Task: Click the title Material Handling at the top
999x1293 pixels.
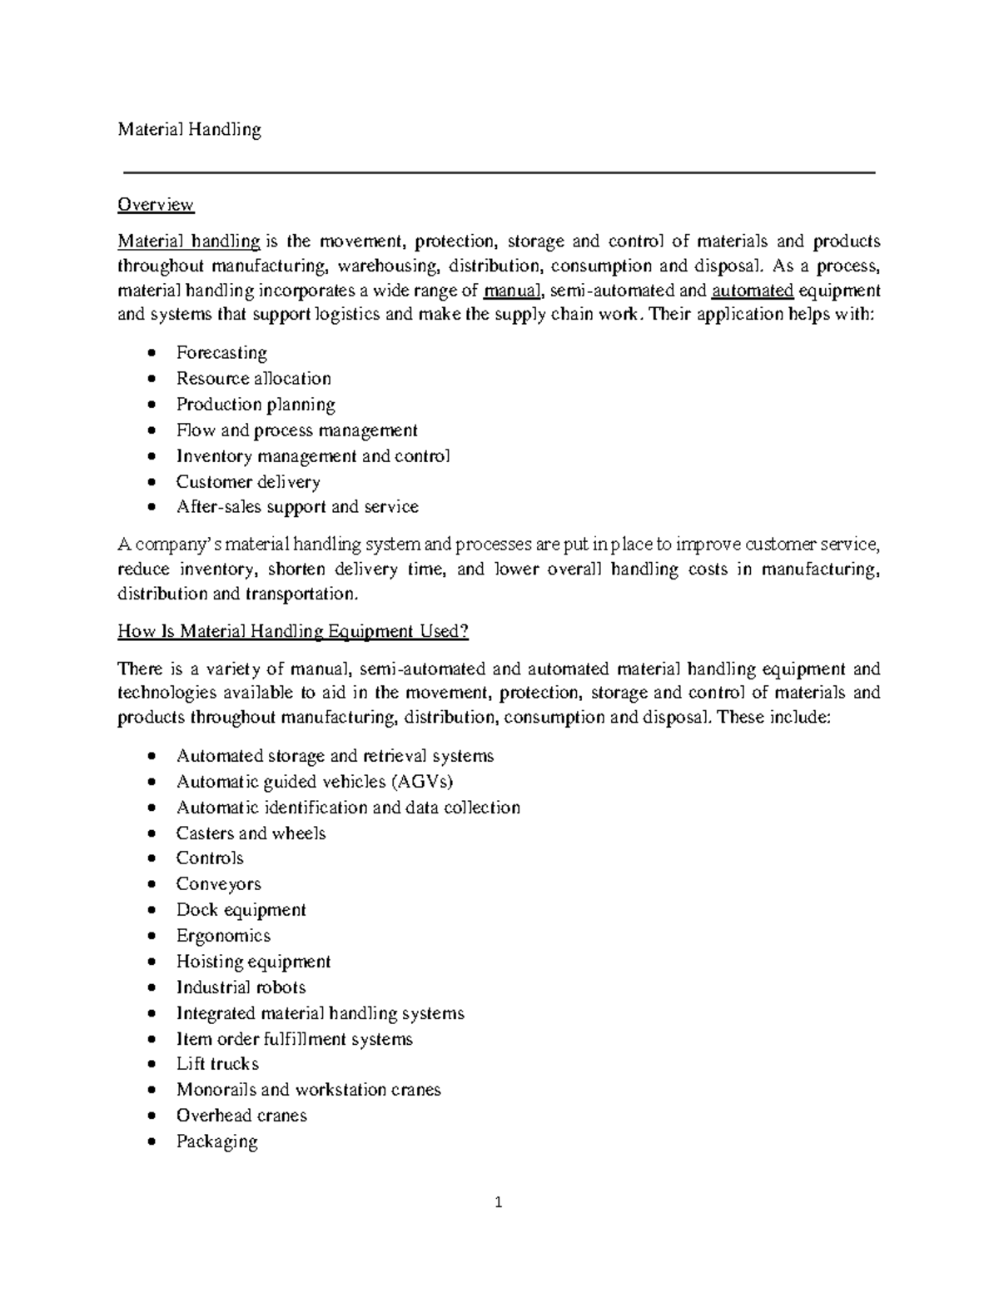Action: (189, 129)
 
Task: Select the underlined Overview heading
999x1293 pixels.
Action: (156, 205)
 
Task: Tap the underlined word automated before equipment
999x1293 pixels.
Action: (753, 291)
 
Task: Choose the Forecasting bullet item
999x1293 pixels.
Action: (221, 353)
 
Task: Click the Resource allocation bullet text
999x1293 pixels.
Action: (253, 379)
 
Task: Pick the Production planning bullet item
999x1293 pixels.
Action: (256, 405)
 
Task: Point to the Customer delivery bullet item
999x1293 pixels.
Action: (248, 482)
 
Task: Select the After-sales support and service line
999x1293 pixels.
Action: (297, 507)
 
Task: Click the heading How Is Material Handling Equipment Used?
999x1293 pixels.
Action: (293, 631)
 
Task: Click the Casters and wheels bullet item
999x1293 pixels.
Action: (251, 833)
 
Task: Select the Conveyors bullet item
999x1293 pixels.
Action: (218, 884)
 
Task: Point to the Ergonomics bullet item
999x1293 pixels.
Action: (223, 936)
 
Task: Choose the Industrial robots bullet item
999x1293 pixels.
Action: (241, 987)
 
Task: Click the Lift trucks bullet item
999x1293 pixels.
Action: (217, 1064)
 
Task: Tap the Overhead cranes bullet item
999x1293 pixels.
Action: (241, 1116)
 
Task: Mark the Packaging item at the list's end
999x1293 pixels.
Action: (216, 1141)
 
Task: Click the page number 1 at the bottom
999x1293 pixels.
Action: (499, 1202)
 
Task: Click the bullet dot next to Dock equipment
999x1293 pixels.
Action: (151, 911)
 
